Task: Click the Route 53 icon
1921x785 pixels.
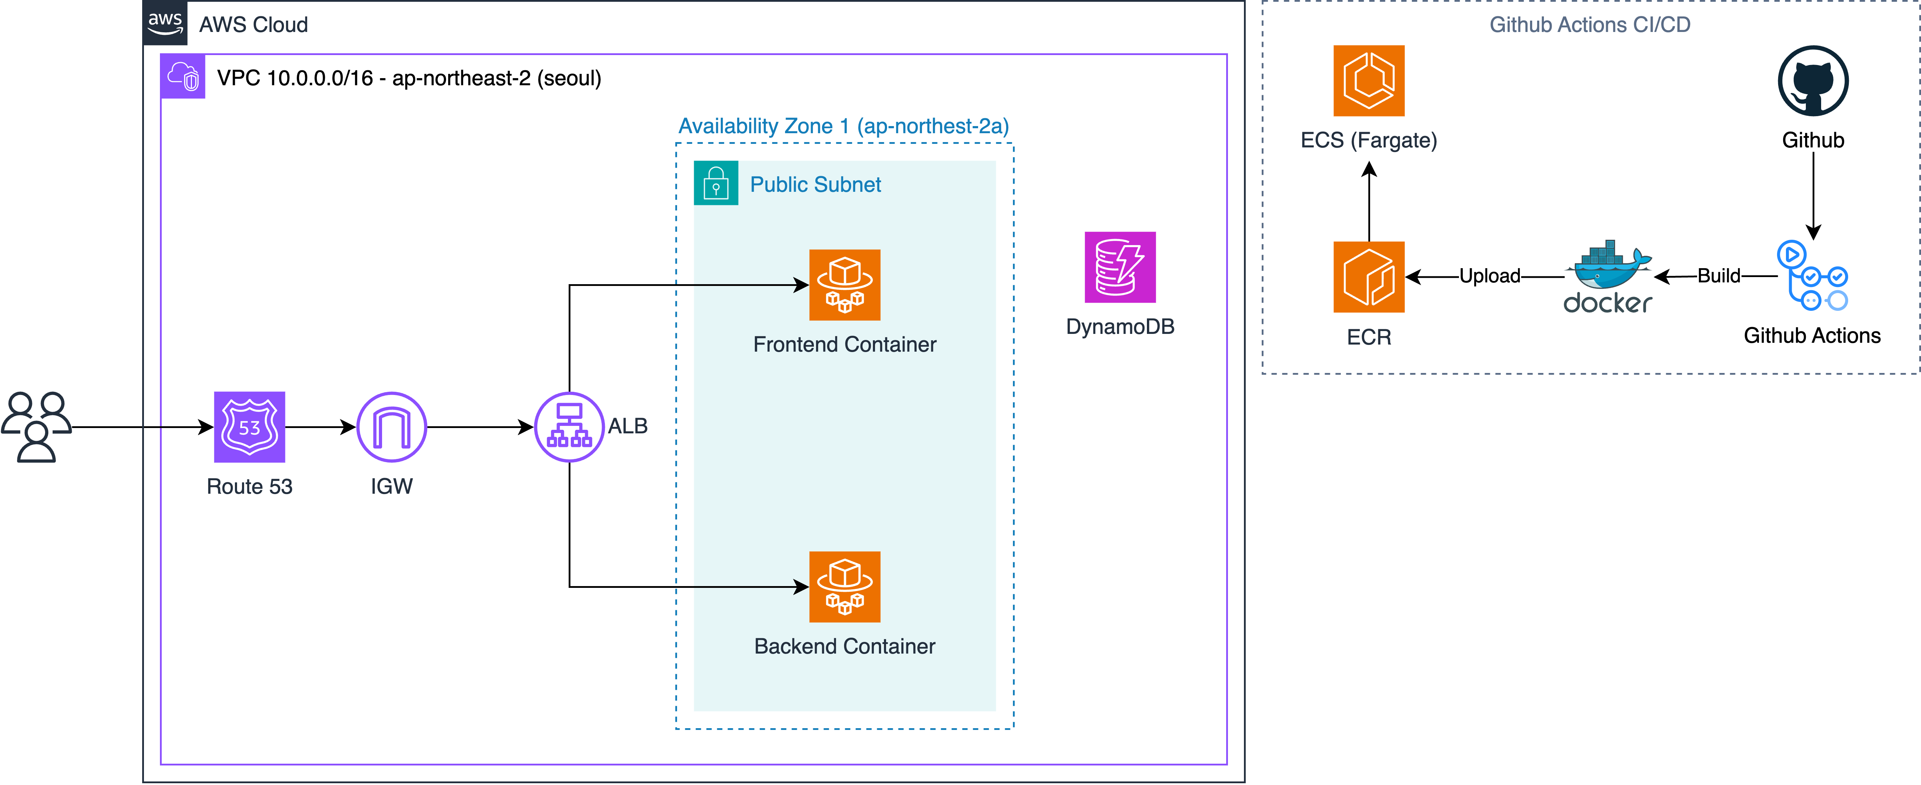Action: [x=249, y=427]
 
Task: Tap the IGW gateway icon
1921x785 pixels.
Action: [x=392, y=427]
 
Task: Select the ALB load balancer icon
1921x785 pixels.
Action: [x=569, y=427]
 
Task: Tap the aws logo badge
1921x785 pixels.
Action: [x=165, y=23]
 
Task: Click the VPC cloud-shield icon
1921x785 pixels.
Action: [x=183, y=76]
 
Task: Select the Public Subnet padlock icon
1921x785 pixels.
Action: [x=716, y=183]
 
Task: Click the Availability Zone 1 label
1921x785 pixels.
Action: [x=843, y=126]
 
